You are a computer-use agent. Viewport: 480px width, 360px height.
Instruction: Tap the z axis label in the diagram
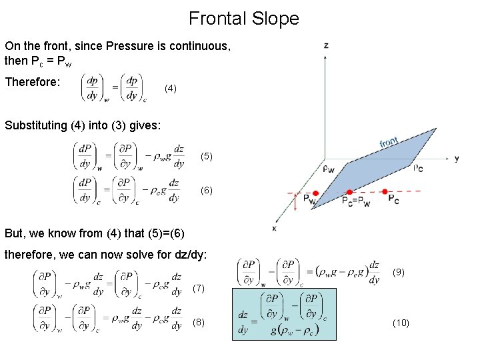(x=326, y=45)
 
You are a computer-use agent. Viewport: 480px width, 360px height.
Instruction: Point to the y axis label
(x=457, y=159)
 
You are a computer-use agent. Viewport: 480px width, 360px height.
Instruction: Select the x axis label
(x=274, y=229)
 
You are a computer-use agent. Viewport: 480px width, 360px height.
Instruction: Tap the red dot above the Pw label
(x=315, y=193)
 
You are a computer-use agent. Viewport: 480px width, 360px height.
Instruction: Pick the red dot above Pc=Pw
(x=349, y=193)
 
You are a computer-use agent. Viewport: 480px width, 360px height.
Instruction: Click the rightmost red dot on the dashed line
(x=385, y=192)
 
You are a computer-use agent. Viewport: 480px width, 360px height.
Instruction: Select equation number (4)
(x=171, y=88)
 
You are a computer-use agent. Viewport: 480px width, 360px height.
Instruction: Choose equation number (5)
(x=207, y=157)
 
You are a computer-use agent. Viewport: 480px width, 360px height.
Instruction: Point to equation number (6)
(x=207, y=190)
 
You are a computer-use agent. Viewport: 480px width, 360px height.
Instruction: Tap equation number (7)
(x=199, y=289)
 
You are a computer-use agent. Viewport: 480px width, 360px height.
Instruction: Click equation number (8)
(x=199, y=323)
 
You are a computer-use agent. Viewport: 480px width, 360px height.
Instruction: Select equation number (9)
(x=399, y=272)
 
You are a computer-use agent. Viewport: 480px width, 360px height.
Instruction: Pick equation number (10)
(x=401, y=323)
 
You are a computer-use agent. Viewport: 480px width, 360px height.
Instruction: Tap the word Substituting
(x=36, y=125)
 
